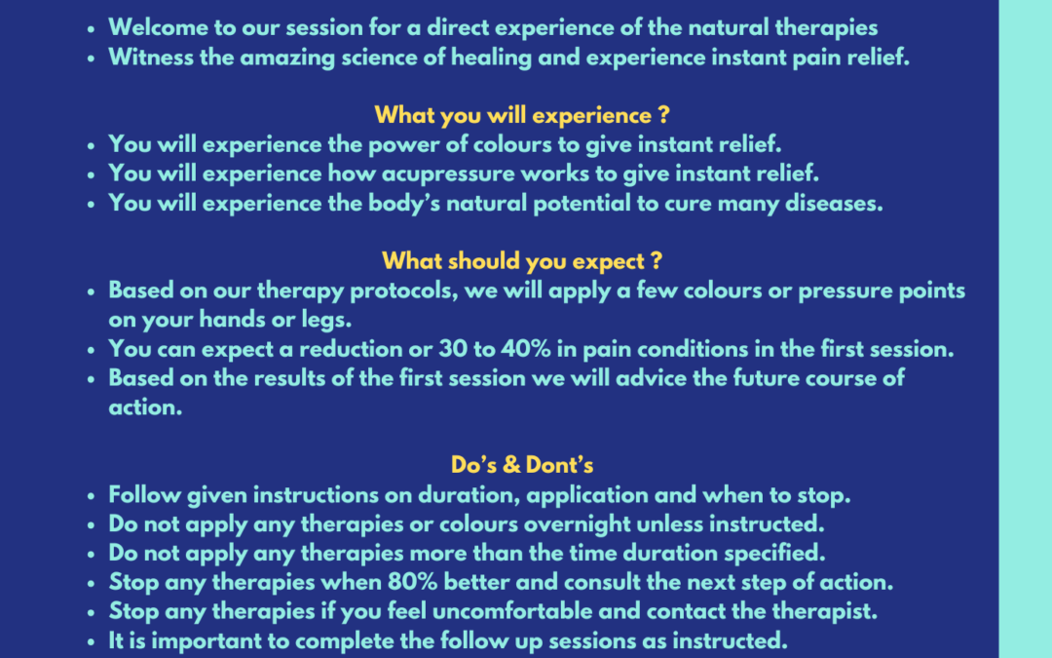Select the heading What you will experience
[x=522, y=115]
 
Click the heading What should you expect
[x=522, y=261]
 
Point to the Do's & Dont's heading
[x=522, y=465]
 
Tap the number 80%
[x=413, y=582]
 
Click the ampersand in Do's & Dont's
[x=511, y=465]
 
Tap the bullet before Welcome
[x=92, y=29]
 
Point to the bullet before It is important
[x=92, y=642]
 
